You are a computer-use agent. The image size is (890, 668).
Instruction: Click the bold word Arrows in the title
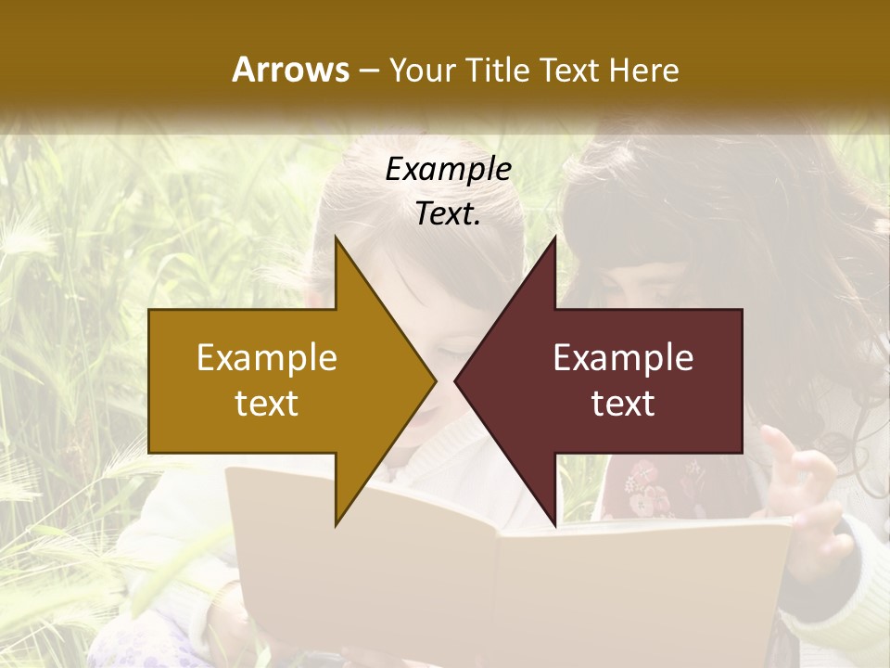[289, 70]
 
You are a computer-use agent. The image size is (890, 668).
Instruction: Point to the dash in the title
[368, 71]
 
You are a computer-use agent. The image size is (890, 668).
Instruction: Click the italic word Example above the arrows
[448, 170]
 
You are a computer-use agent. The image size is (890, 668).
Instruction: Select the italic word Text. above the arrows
[448, 214]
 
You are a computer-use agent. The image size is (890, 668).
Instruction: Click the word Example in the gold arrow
[267, 358]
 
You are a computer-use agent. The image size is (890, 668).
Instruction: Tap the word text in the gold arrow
[267, 403]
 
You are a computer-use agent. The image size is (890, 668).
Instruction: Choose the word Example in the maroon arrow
[623, 358]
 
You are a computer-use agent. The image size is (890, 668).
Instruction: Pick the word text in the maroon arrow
[623, 403]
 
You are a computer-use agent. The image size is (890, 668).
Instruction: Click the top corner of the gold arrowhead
[337, 239]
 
